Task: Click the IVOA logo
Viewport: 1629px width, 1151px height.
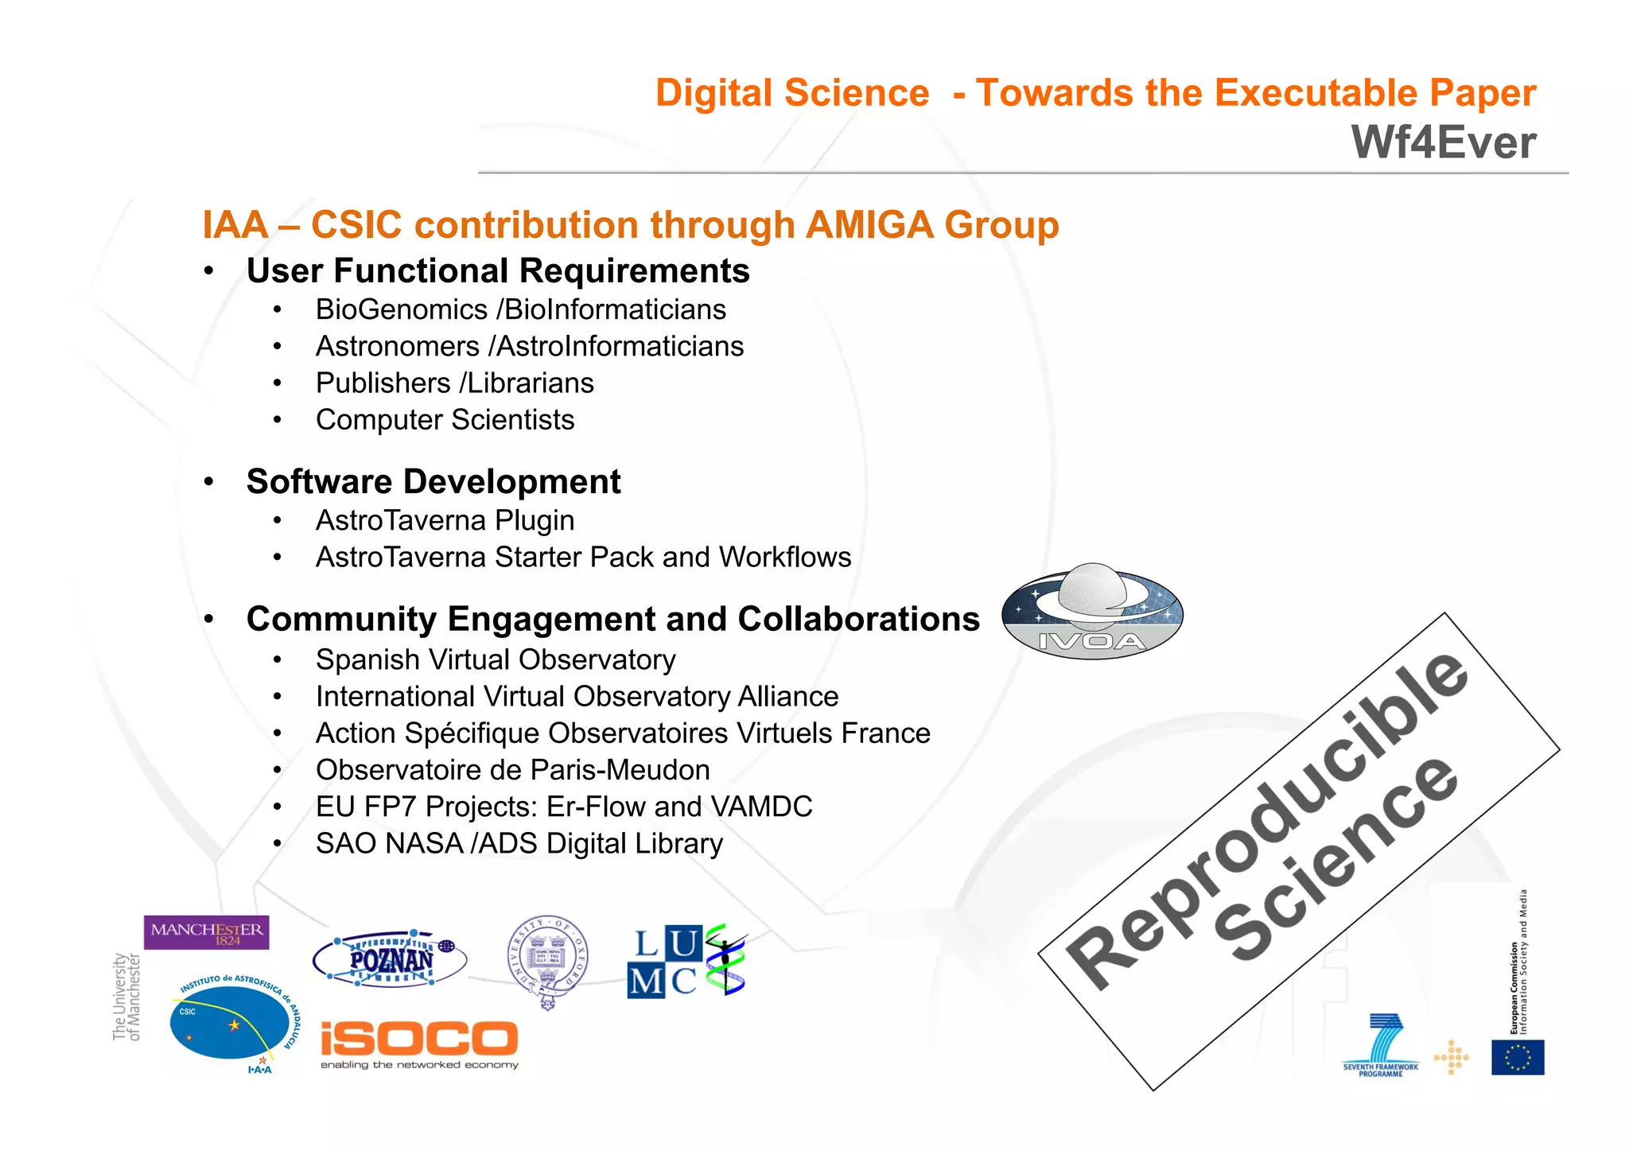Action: click(x=1092, y=612)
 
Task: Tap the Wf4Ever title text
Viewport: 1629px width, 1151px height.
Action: click(x=1443, y=143)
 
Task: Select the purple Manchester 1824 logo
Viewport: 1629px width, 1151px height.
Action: click(x=206, y=932)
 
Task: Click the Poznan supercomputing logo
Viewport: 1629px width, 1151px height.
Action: click(x=390, y=959)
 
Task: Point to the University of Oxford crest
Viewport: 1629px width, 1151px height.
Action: click(x=547, y=961)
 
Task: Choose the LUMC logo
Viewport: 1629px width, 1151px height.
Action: click(x=686, y=961)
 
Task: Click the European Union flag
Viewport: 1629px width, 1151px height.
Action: click(x=1517, y=1057)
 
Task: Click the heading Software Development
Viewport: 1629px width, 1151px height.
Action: click(x=433, y=481)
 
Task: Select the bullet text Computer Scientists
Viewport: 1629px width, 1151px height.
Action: click(x=445, y=419)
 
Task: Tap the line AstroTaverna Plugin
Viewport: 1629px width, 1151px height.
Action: click(x=445, y=520)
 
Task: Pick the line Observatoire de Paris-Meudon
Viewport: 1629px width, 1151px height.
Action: click(x=512, y=770)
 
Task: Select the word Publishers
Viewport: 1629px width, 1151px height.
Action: click(x=383, y=383)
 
